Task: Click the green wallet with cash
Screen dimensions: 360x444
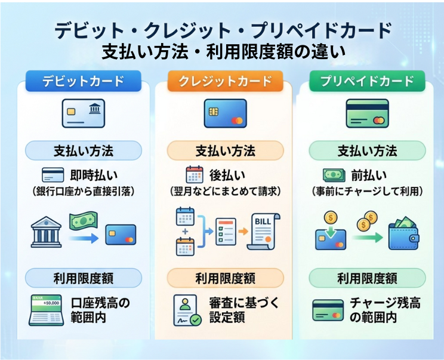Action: click(x=403, y=233)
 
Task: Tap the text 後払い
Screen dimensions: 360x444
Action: click(x=227, y=175)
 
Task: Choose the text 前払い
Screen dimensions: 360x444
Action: click(x=368, y=175)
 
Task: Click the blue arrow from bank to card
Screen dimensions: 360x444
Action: click(x=84, y=238)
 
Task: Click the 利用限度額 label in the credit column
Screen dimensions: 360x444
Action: click(x=225, y=278)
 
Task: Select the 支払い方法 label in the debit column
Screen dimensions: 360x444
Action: click(x=84, y=150)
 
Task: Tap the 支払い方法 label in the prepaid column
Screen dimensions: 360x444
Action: click(x=367, y=150)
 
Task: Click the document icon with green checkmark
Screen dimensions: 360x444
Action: click(x=187, y=310)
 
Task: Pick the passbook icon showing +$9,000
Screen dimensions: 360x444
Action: click(x=46, y=309)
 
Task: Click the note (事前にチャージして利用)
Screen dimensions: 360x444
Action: click(x=367, y=192)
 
